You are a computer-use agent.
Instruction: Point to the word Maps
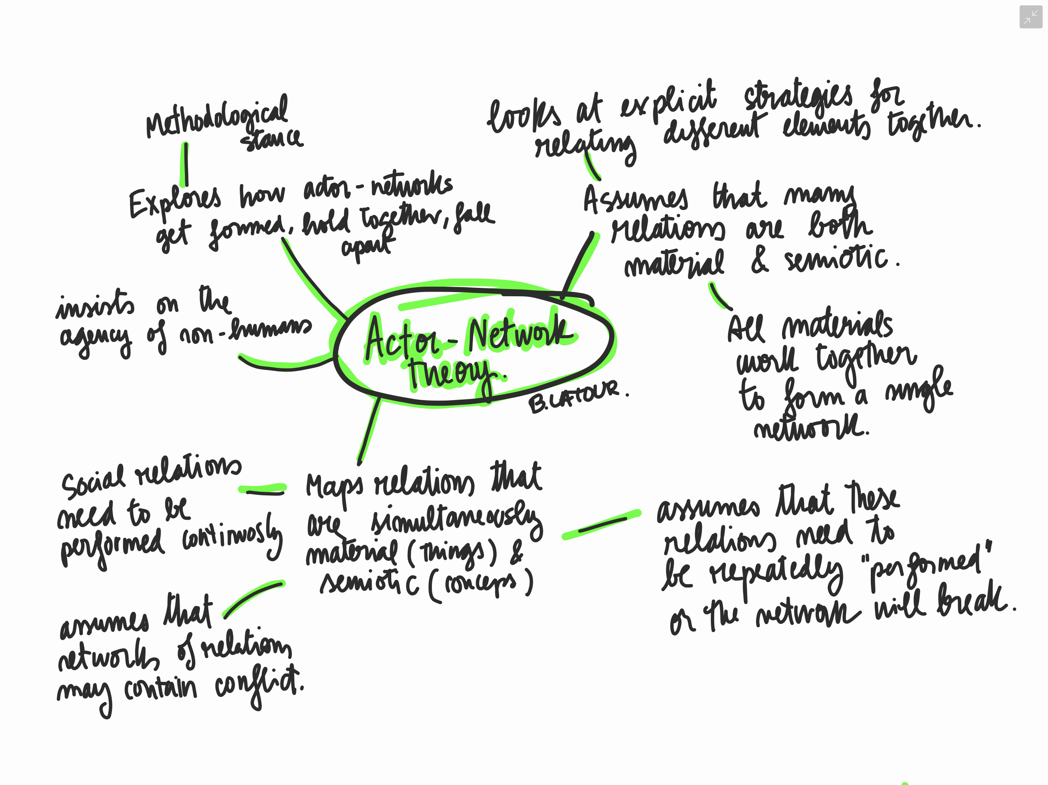coord(334,488)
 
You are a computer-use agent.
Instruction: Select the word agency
coord(95,338)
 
